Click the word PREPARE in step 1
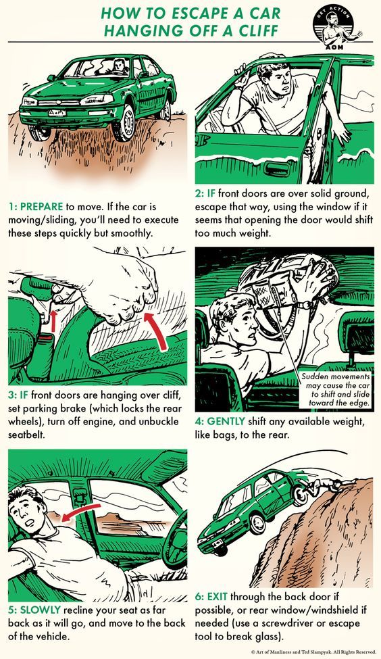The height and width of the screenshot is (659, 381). (x=42, y=206)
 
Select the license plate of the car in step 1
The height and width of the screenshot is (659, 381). (x=57, y=113)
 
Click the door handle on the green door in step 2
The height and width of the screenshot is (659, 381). (x=276, y=169)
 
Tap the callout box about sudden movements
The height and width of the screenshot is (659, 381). (x=335, y=389)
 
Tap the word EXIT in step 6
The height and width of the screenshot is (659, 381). (x=217, y=596)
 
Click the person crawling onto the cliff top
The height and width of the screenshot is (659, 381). (x=326, y=487)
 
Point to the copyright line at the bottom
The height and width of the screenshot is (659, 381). (x=313, y=652)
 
